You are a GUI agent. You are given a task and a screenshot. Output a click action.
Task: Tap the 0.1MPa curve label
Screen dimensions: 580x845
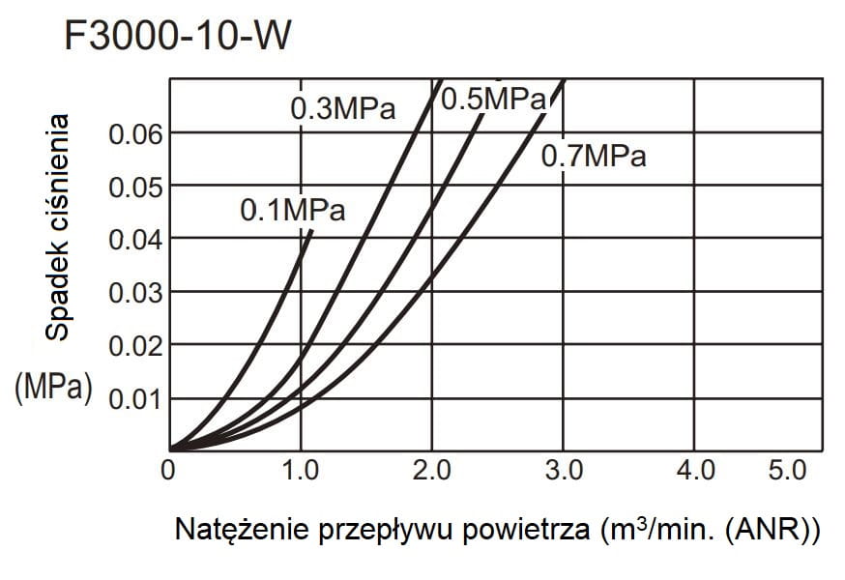click(x=292, y=210)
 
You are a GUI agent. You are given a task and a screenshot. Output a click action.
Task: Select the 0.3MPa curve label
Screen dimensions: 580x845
click(x=343, y=108)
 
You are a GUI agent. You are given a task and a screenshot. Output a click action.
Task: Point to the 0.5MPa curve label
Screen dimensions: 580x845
click(x=494, y=99)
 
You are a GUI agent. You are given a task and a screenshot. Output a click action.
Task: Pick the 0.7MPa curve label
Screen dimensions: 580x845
click(x=593, y=156)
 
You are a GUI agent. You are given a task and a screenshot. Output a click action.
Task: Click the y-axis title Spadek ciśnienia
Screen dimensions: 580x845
click(x=58, y=227)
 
